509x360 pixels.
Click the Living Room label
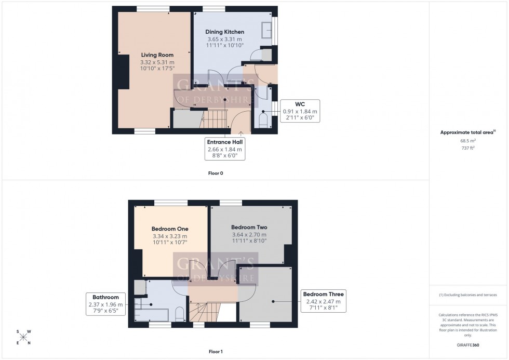point(157,55)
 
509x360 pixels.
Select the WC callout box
point(300,111)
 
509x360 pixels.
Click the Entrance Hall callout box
point(225,148)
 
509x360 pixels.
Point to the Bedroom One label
point(170,229)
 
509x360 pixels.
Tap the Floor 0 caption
point(216,173)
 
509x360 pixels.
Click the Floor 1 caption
point(216,352)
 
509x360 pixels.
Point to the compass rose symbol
point(23,337)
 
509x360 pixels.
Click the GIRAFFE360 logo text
point(468,344)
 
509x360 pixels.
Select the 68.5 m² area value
point(468,141)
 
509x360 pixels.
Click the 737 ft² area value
point(468,148)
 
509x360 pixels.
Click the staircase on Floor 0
point(214,119)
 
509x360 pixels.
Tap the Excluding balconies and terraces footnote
point(468,295)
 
